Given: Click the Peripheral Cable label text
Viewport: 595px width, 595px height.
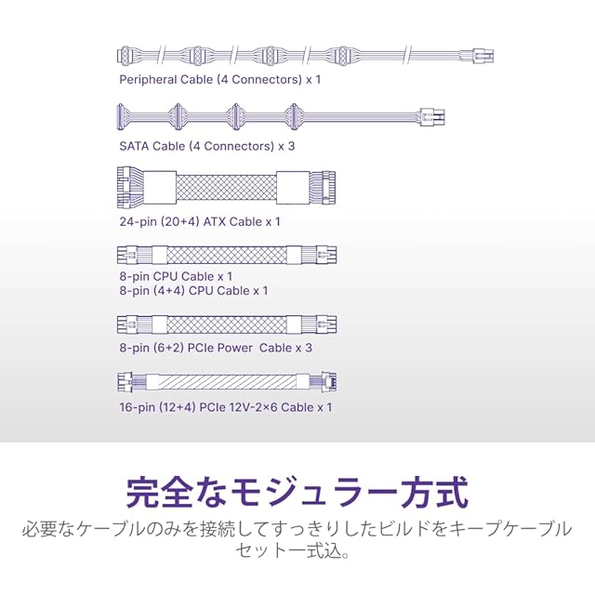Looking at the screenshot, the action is (x=219, y=80).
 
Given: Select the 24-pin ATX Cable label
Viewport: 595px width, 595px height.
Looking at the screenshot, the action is (x=199, y=221).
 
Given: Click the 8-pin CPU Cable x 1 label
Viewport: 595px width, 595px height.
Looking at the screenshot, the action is (x=176, y=276).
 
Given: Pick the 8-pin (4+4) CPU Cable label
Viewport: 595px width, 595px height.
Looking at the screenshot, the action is (x=193, y=291).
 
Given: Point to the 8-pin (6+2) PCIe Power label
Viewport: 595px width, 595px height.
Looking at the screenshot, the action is (x=215, y=348).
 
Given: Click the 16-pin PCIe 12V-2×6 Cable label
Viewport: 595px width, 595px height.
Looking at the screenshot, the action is (x=225, y=407).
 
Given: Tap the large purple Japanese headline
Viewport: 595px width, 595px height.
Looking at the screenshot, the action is (x=297, y=491).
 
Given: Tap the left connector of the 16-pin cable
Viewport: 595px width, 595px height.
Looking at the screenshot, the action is (x=129, y=382).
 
